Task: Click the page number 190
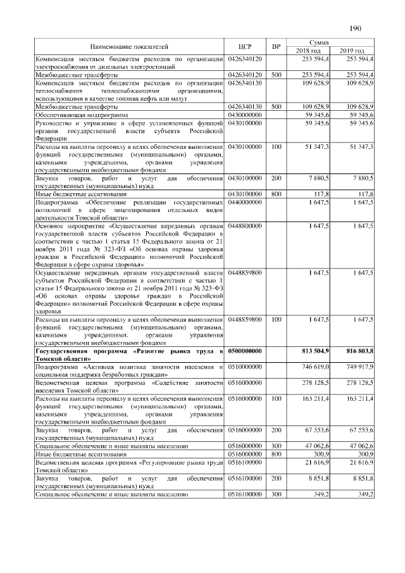355,28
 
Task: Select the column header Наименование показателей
129,46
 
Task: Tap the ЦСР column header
246,46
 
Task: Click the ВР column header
276,46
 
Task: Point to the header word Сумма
330,42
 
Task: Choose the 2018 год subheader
308,51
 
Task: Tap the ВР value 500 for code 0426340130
276,107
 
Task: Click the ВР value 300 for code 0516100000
276,493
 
